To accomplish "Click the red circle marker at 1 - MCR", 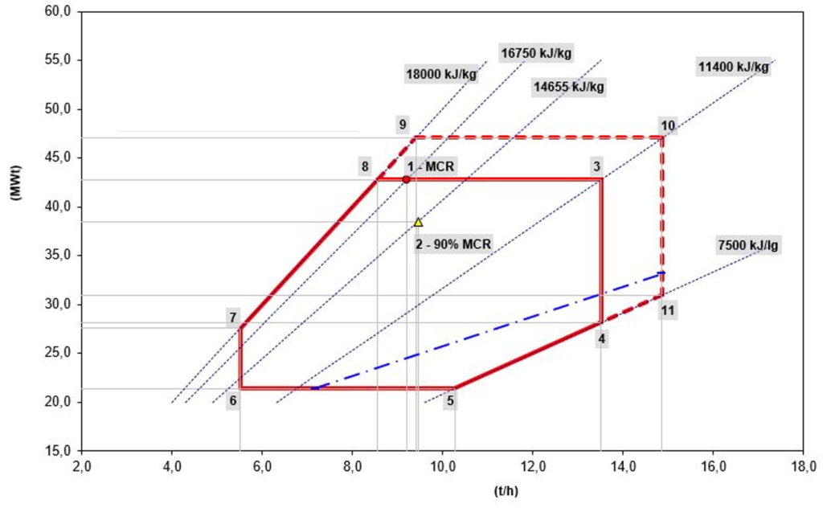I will (x=407, y=179).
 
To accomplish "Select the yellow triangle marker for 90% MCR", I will (x=418, y=223).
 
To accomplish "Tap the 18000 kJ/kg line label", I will (x=440, y=75).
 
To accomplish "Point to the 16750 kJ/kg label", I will (x=536, y=53).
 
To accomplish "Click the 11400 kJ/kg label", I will (x=733, y=68).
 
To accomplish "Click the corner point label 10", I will (x=668, y=125).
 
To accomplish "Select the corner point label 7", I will (x=232, y=317).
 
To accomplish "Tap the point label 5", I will (x=451, y=399).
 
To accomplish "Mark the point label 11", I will (x=666, y=309).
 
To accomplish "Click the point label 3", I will (x=596, y=166).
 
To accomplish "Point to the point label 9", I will (x=403, y=125).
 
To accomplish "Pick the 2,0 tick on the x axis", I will (x=82, y=466).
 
